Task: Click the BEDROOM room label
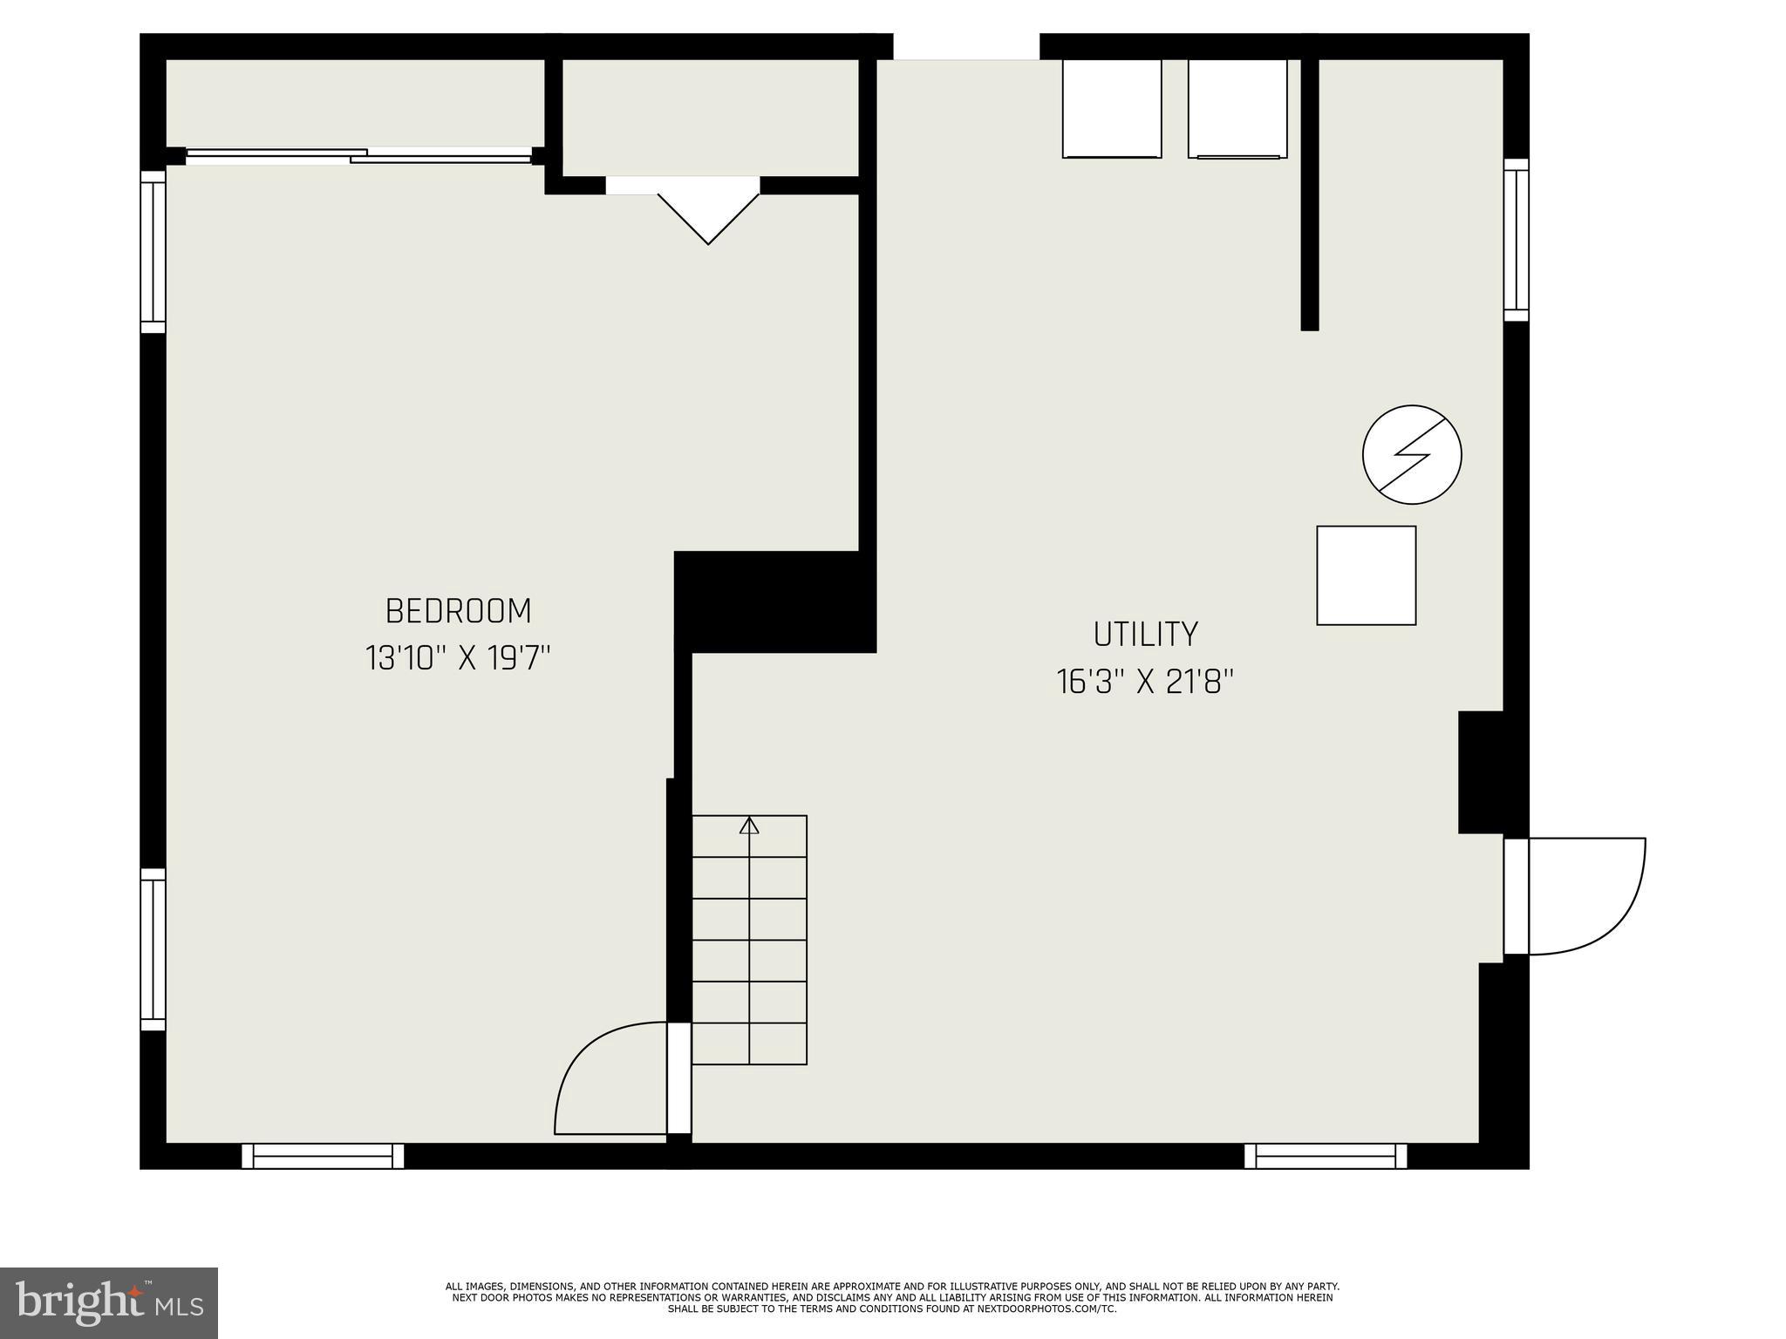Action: tap(458, 611)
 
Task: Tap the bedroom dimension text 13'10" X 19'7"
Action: tap(458, 658)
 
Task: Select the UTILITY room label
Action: tap(1145, 635)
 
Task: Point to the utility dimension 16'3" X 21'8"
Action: tap(1145, 682)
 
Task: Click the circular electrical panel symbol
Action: tap(1412, 454)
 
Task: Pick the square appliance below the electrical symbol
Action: tap(1366, 575)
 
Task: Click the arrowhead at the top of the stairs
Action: tap(749, 825)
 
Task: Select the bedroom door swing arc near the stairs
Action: tap(602, 1081)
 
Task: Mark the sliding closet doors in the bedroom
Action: tap(358, 156)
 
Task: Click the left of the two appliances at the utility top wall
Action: tap(1112, 109)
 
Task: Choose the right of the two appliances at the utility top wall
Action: tap(1237, 109)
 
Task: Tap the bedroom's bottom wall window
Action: tap(323, 1156)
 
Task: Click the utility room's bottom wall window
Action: tap(1326, 1156)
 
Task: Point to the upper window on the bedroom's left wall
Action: tap(153, 251)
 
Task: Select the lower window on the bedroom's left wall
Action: tap(153, 949)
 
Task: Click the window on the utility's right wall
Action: tap(1517, 240)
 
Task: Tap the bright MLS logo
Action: tap(109, 1302)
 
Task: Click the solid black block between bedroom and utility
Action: tap(774, 602)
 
